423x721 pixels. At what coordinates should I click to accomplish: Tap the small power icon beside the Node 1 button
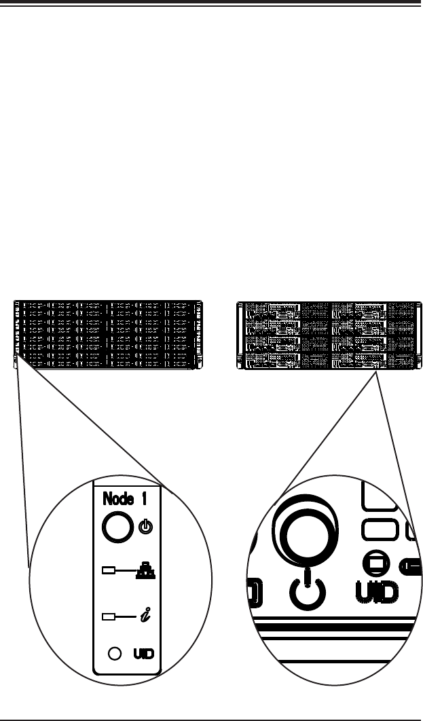[x=145, y=526]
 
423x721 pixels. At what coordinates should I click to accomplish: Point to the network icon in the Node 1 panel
[x=145, y=572]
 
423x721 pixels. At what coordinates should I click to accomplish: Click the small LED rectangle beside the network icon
[x=107, y=570]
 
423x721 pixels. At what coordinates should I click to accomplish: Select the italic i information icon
[x=145, y=616]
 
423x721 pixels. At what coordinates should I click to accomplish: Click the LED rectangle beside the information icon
[x=107, y=617]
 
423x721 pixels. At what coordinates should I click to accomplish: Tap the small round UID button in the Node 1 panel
[x=115, y=652]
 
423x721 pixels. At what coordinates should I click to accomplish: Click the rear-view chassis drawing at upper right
[x=329, y=335]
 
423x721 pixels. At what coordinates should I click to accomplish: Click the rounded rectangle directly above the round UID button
[x=379, y=530]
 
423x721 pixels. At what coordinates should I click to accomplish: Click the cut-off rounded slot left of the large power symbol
[x=256, y=591]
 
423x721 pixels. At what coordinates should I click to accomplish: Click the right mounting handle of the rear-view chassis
[x=416, y=335]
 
